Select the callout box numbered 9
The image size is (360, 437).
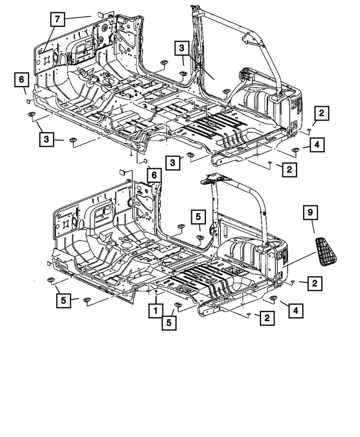coord(310,214)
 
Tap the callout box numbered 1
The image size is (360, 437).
coord(152,309)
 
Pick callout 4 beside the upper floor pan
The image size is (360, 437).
coord(317,146)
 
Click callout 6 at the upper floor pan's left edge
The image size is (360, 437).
coord(20,81)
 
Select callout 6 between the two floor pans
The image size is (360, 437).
coord(152,175)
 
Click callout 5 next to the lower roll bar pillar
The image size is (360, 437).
coord(198,216)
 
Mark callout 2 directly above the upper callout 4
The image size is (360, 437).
coord(319,114)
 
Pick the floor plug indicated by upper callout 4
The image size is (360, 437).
coord(295,150)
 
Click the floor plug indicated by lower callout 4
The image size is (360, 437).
coord(273,298)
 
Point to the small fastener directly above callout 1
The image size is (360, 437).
coord(155,294)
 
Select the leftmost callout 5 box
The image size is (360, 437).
coord(63,301)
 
